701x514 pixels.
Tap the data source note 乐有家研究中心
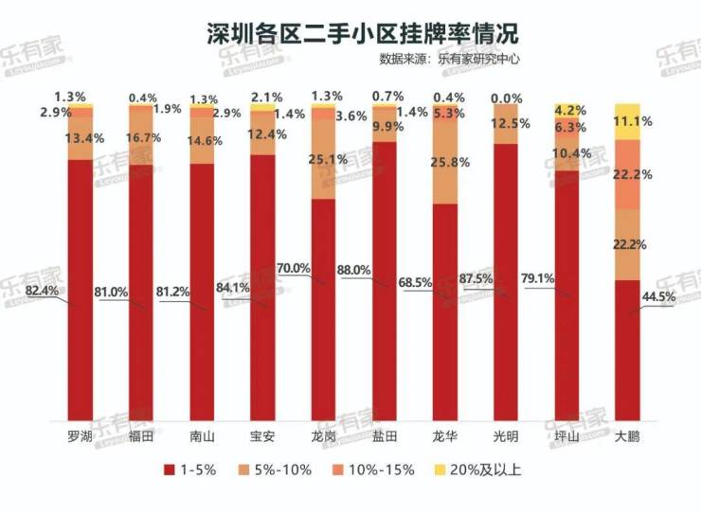click(x=478, y=59)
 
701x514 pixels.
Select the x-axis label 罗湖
click(x=81, y=436)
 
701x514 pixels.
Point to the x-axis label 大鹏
click(x=626, y=436)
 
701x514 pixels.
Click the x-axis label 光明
click(x=506, y=436)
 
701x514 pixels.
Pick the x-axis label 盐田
click(x=385, y=436)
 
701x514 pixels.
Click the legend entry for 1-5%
click(x=193, y=470)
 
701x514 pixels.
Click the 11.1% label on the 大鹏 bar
click(x=633, y=122)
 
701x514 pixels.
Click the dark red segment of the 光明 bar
click(x=506, y=284)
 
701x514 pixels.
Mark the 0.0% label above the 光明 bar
click(x=506, y=97)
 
